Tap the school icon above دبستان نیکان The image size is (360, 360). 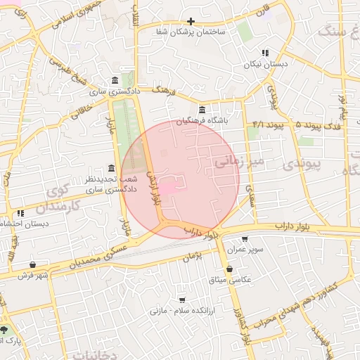click(264, 53)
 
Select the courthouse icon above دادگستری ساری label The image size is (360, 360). click(115, 80)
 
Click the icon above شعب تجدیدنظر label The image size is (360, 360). click(111, 168)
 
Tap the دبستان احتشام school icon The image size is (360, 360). click(20, 212)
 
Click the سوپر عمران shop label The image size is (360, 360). click(245, 250)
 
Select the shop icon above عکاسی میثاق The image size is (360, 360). click(229, 269)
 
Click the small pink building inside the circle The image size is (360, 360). click(170, 188)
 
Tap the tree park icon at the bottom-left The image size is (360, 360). click(4, 330)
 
